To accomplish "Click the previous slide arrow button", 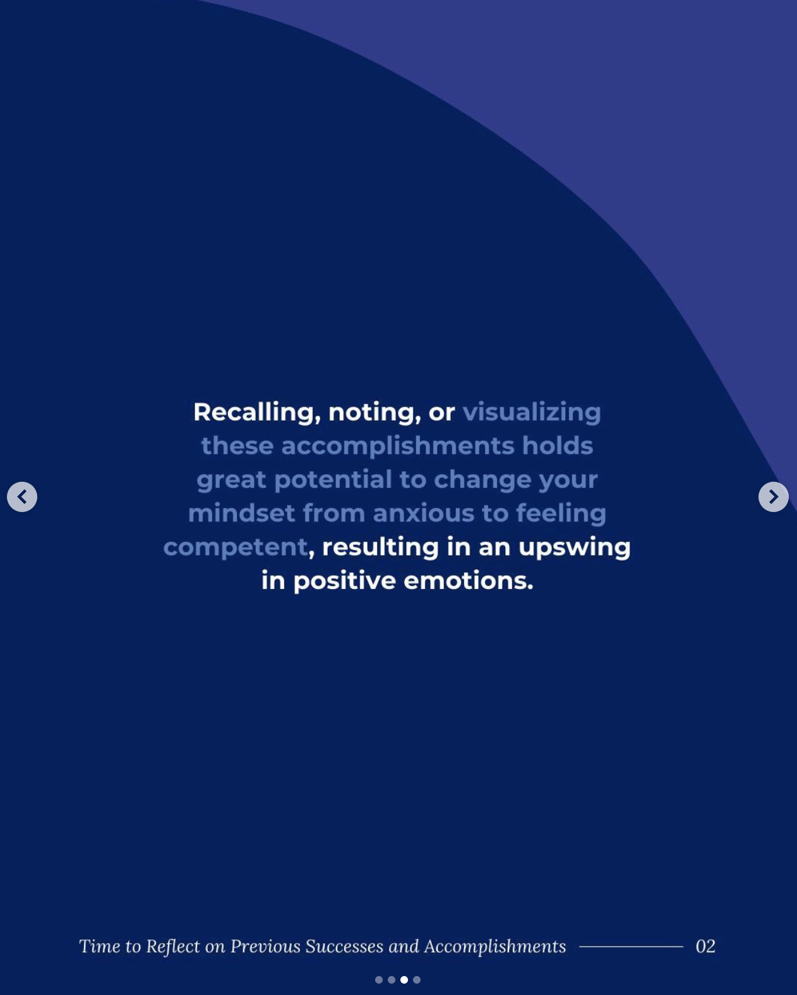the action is (21, 497).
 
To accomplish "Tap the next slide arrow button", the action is (774, 497).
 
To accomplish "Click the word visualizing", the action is (532, 413).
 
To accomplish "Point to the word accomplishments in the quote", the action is (398, 446).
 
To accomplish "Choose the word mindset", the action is (241, 514).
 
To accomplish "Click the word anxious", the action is (424, 514).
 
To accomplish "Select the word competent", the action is (236, 548).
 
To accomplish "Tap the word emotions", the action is (468, 581).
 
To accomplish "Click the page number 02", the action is (705, 946).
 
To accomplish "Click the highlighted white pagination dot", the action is (404, 980).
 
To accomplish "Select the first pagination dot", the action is (379, 980).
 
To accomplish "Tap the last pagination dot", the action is (417, 980).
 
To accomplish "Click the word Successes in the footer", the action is (344, 946).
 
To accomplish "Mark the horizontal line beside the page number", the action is (631, 946).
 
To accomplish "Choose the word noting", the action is (371, 413).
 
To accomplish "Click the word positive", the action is (345, 581).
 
